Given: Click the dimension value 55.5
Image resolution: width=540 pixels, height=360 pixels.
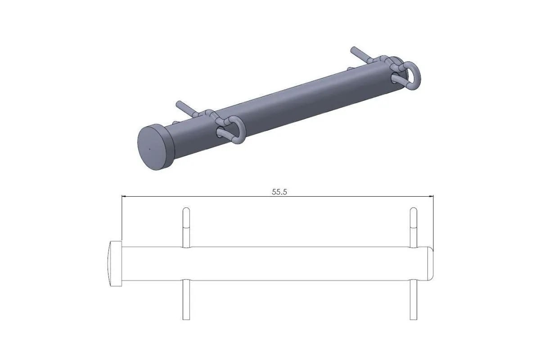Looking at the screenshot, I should [x=279, y=191].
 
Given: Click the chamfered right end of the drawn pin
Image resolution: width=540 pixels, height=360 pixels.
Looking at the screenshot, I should [x=431, y=263].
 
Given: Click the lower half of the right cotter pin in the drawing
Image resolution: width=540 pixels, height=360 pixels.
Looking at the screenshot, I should [x=414, y=299].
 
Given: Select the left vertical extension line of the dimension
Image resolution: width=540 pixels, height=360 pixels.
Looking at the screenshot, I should [x=121, y=218].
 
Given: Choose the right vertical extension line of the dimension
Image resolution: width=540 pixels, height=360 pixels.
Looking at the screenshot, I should [x=433, y=220].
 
